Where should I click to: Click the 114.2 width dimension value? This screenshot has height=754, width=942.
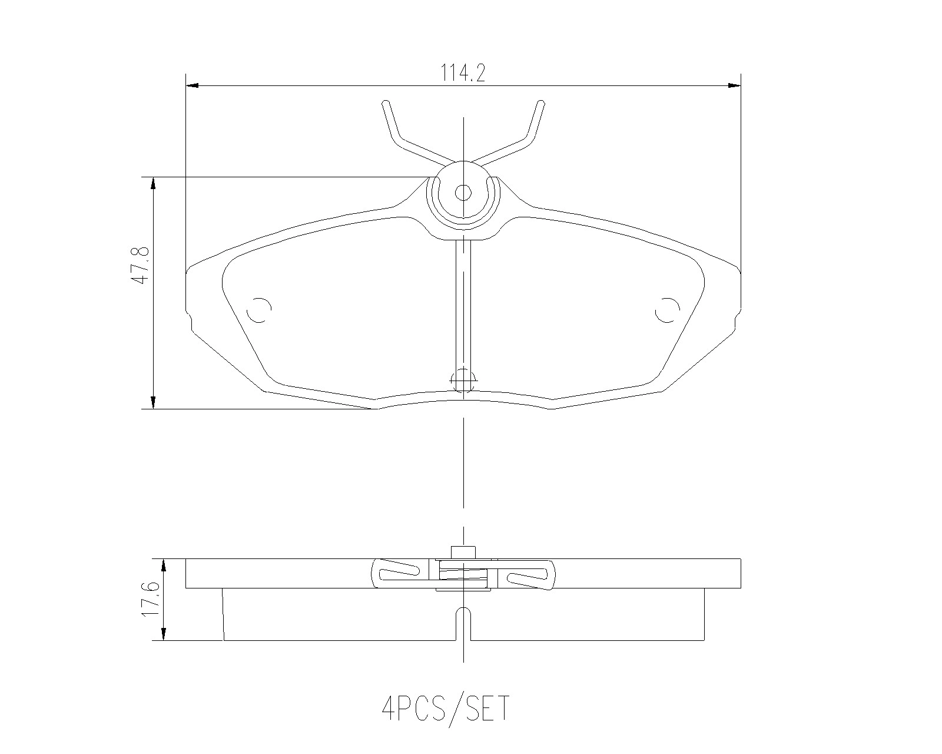pyautogui.click(x=463, y=72)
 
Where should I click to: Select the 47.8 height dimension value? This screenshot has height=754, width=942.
pyautogui.click(x=141, y=266)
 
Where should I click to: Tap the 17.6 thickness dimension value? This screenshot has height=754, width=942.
pyautogui.click(x=150, y=599)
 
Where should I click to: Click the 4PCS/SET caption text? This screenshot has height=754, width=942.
pyautogui.click(x=446, y=709)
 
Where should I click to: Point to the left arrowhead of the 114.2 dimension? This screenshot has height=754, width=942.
pyautogui.click(x=192, y=85)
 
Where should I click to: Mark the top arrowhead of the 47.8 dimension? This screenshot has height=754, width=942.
pyautogui.click(x=153, y=183)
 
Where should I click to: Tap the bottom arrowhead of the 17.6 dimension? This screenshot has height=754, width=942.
pyautogui.click(x=164, y=634)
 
